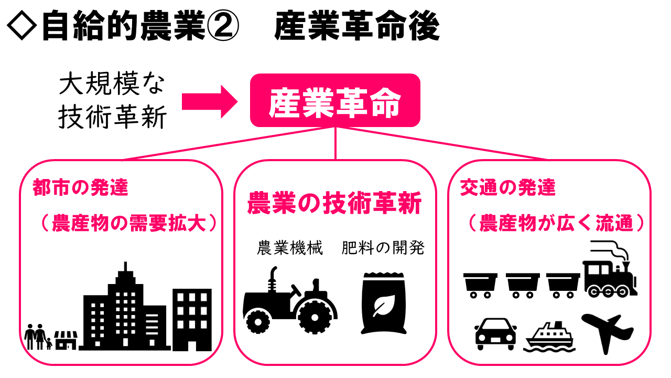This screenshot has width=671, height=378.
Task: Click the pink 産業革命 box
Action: click(335, 100)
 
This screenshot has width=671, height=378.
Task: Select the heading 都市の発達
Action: click(80, 188)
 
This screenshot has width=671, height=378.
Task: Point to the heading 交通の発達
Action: click(507, 188)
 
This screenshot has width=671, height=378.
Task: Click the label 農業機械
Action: click(290, 248)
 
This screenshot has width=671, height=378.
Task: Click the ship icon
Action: click(549, 337)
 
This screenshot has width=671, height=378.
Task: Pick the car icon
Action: click(495, 334)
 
